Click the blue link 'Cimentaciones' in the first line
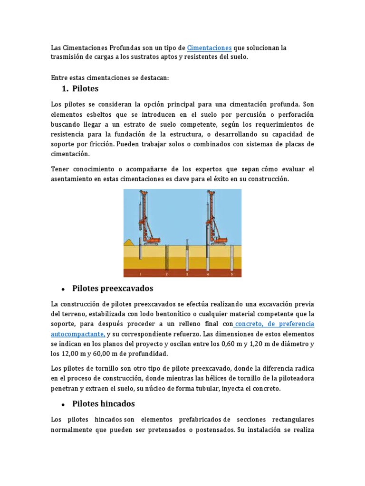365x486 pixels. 209,48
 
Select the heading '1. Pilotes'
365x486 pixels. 80,88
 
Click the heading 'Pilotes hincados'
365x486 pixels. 103,403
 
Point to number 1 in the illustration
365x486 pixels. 140,274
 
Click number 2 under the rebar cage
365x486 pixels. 166,274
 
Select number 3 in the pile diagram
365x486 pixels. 187,274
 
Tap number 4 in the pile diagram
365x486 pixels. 208,274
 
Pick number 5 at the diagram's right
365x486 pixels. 232,274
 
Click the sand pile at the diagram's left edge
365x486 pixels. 128,243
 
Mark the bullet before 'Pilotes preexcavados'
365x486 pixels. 63,289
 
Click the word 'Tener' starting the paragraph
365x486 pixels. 60,169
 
